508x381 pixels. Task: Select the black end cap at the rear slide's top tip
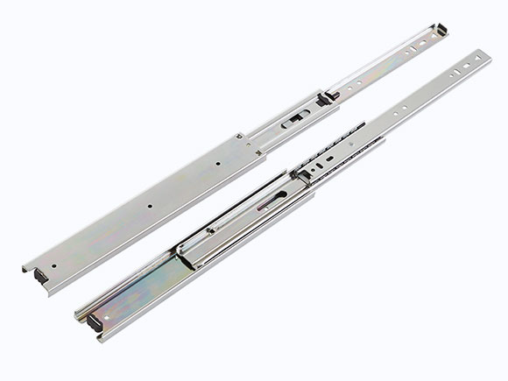tap(442, 31)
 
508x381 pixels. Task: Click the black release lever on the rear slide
tap(328, 96)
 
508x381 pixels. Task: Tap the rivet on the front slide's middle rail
tap(211, 231)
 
